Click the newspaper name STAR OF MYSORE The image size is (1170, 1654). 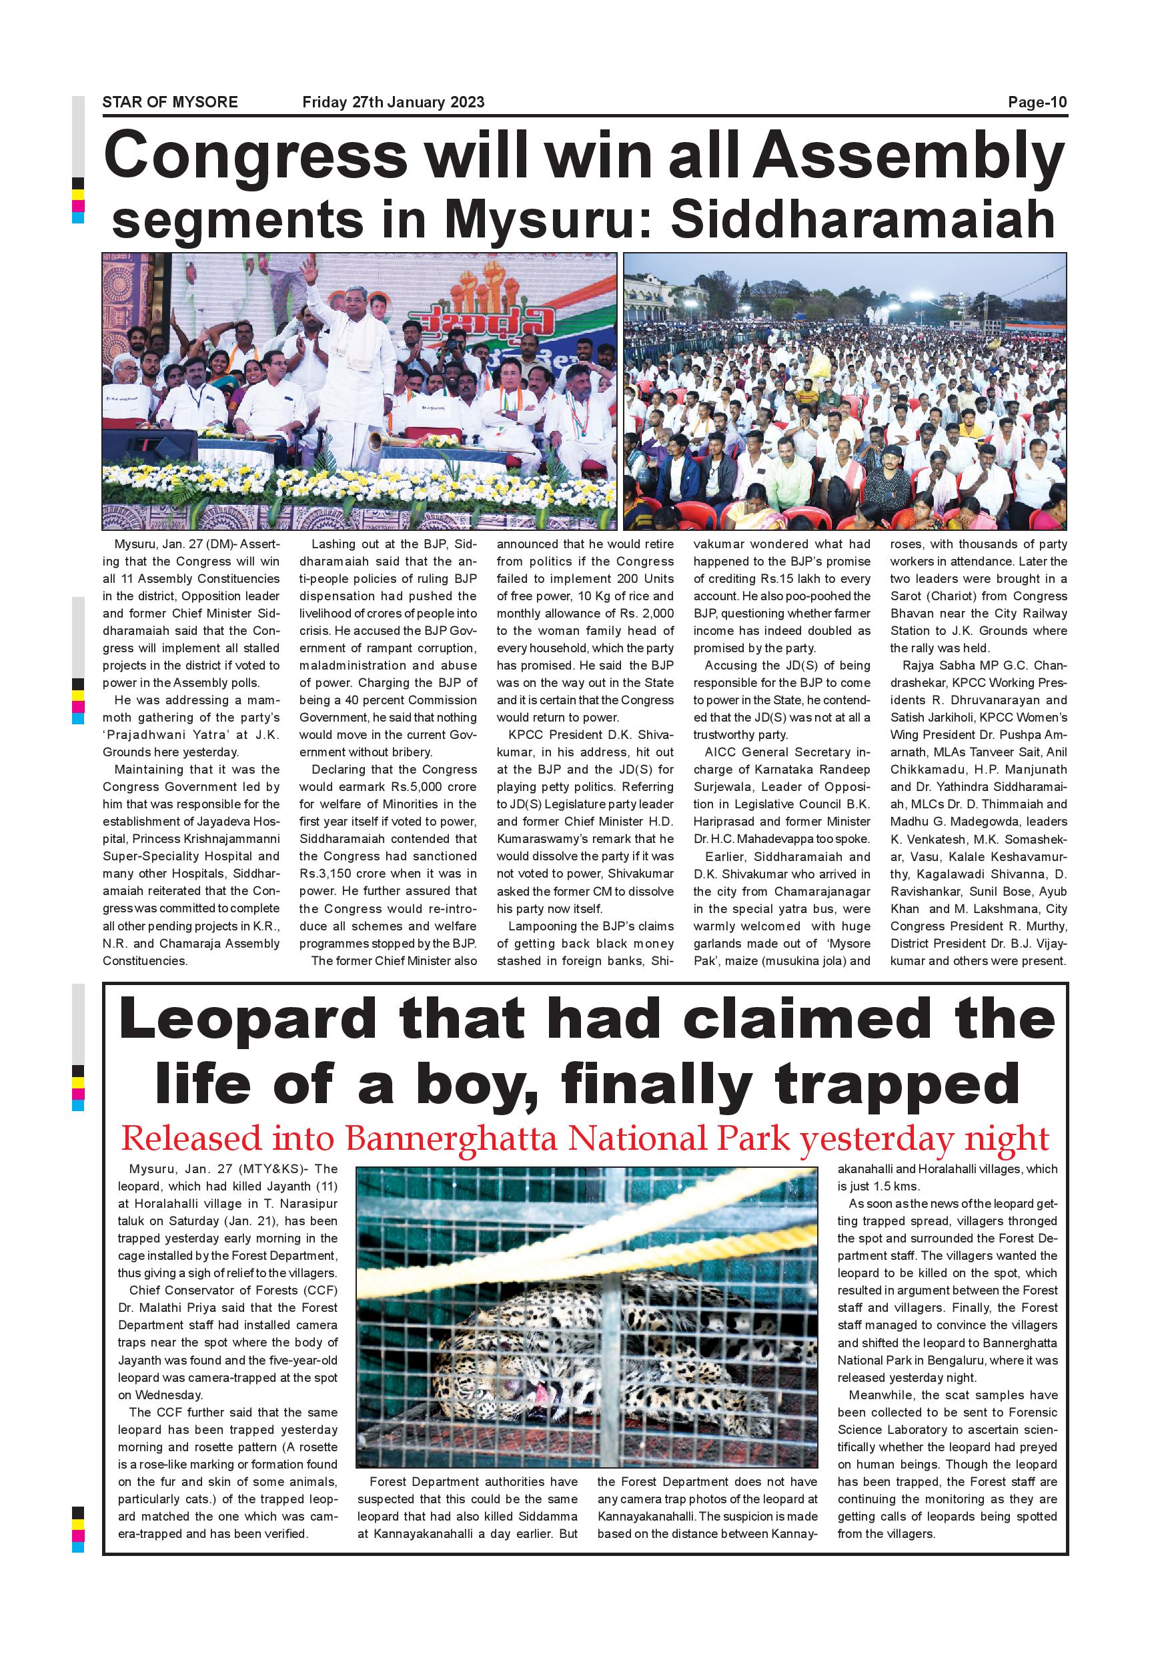coord(170,102)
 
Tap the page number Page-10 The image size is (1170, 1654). coord(1037,102)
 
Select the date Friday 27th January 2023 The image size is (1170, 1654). coord(393,102)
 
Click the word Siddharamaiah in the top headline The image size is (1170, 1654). coord(862,219)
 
